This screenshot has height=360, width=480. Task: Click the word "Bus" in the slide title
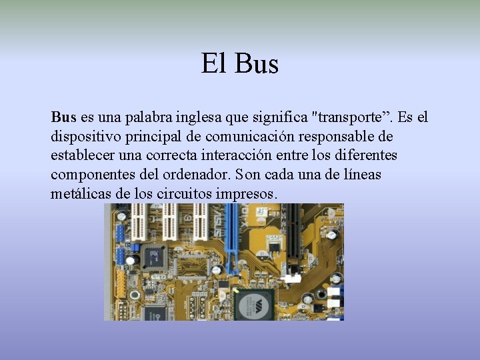pyautogui.click(x=257, y=65)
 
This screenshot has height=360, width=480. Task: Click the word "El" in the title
pyautogui.click(x=214, y=65)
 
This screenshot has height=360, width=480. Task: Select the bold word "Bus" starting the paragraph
pyautogui.click(x=64, y=117)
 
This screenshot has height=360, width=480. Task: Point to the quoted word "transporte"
pyautogui.click(x=351, y=117)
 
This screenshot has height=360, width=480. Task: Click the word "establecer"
pyautogui.click(x=82, y=155)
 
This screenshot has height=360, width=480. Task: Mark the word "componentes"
pyautogui.click(x=92, y=175)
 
